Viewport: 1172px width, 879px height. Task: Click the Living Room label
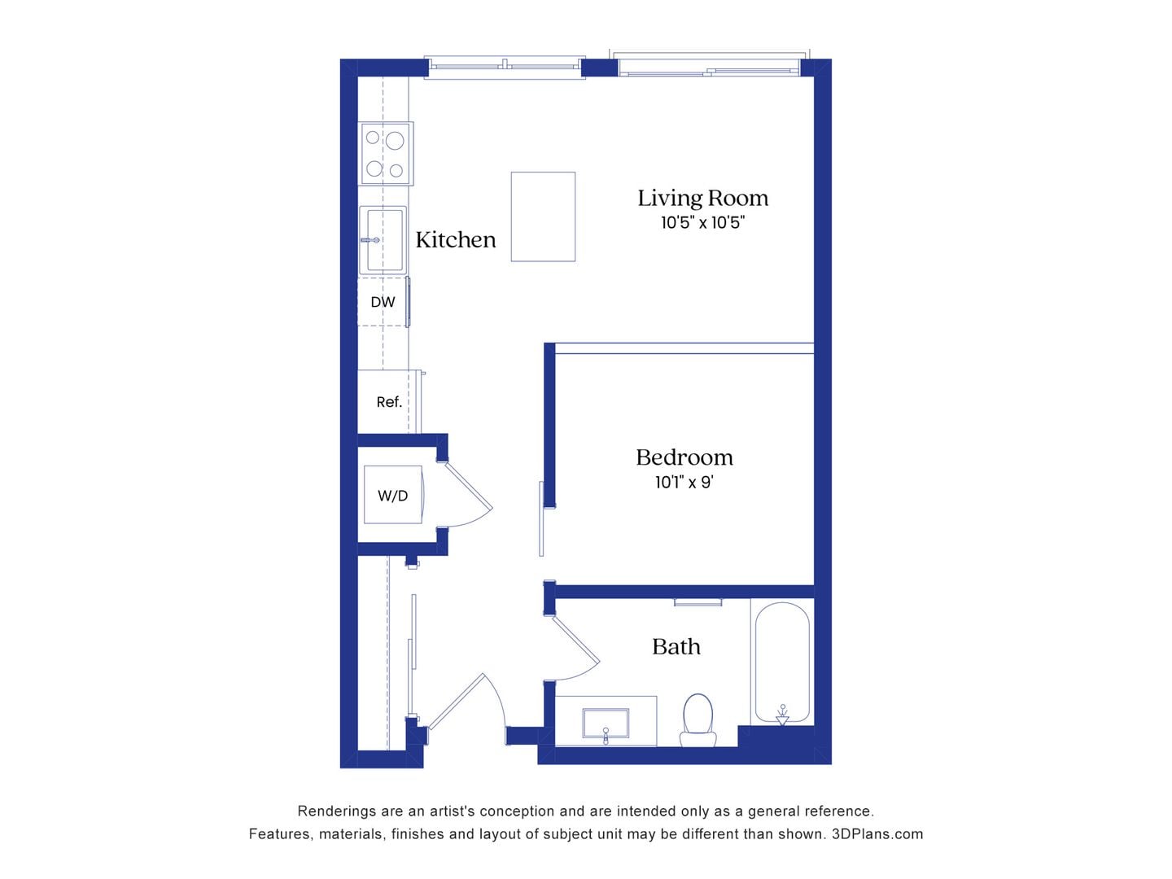(x=702, y=198)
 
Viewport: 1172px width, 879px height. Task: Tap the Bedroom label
(x=684, y=457)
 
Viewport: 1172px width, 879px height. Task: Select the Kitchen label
(x=455, y=239)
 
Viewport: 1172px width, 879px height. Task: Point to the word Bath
(x=676, y=647)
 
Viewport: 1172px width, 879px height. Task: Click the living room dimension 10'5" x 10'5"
(x=702, y=223)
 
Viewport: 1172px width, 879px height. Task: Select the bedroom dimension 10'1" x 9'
(x=684, y=483)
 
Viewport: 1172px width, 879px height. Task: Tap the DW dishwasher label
(x=383, y=302)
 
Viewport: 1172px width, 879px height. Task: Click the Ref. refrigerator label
(x=389, y=402)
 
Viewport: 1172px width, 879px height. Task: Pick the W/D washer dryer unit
(x=392, y=495)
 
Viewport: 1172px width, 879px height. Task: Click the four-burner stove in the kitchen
(x=386, y=153)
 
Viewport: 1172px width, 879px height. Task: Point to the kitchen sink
(x=383, y=240)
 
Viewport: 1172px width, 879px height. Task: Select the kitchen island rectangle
(x=543, y=216)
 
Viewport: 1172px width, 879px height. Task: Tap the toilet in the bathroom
(x=698, y=719)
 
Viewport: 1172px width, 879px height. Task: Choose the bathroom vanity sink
(x=606, y=723)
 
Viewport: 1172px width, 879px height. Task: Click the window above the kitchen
(x=505, y=67)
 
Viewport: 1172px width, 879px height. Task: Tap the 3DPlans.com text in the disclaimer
(x=877, y=834)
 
